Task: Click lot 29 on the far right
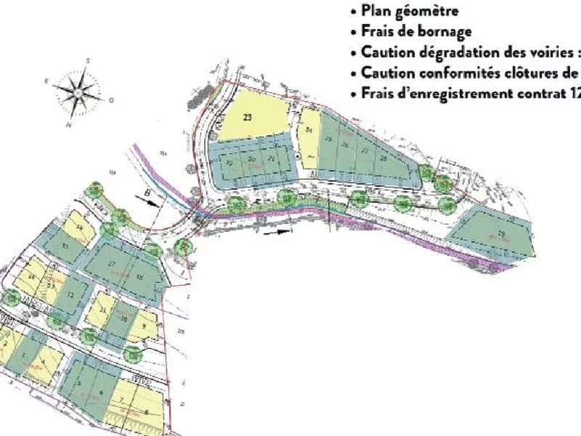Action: tap(500, 232)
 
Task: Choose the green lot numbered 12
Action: tap(70, 295)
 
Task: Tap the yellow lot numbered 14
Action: tap(32, 277)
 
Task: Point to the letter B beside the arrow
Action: tap(147, 193)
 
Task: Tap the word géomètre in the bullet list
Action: tap(428, 12)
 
